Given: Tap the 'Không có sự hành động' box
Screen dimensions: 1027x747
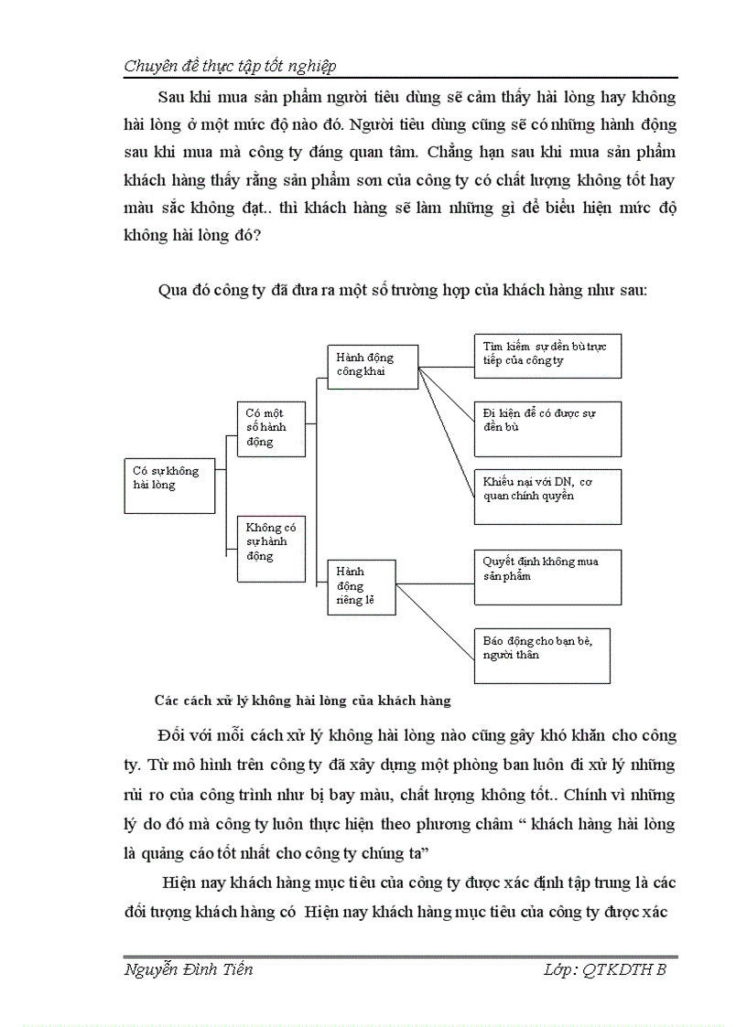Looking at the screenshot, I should click(271, 548).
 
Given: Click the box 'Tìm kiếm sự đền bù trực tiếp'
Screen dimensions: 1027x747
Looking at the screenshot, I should click(547, 355).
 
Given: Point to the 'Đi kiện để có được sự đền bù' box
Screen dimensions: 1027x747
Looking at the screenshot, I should click(547, 427).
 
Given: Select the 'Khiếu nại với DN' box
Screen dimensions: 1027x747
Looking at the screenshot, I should click(547, 497).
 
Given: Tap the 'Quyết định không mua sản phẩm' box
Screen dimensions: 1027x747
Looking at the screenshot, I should click(547, 576).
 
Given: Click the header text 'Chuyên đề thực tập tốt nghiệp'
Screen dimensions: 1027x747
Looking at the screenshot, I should click(230, 65).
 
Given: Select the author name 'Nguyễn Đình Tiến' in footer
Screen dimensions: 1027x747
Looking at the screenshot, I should click(188, 970).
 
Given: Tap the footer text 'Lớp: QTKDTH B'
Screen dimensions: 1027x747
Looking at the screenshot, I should click(604, 970).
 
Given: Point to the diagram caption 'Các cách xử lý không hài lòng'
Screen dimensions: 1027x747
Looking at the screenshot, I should click(303, 701).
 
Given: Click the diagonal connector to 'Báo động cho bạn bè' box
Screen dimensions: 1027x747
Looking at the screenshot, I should click(435, 622).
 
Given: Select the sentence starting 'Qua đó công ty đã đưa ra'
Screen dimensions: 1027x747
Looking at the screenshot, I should click(403, 291).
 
